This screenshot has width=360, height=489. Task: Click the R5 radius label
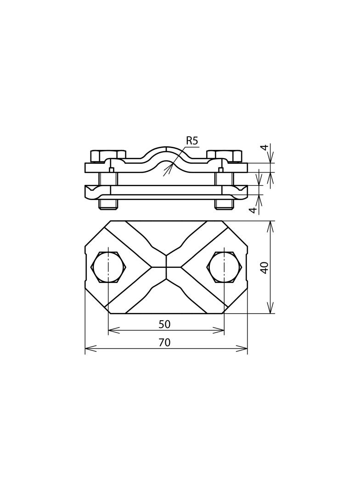pyautogui.click(x=192, y=141)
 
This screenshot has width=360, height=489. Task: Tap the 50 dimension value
pyautogui.click(x=164, y=324)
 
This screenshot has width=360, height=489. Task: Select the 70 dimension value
pyautogui.click(x=164, y=342)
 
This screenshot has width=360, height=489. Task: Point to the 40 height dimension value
pyautogui.click(x=264, y=267)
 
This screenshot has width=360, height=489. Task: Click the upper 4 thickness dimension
pyautogui.click(x=265, y=147)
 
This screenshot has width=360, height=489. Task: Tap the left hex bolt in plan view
pyautogui.click(x=108, y=267)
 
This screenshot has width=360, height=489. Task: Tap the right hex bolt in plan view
pyautogui.click(x=225, y=267)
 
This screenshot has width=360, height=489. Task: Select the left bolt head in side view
pyautogui.click(x=108, y=156)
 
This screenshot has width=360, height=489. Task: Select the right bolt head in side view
pyautogui.click(x=224, y=156)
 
